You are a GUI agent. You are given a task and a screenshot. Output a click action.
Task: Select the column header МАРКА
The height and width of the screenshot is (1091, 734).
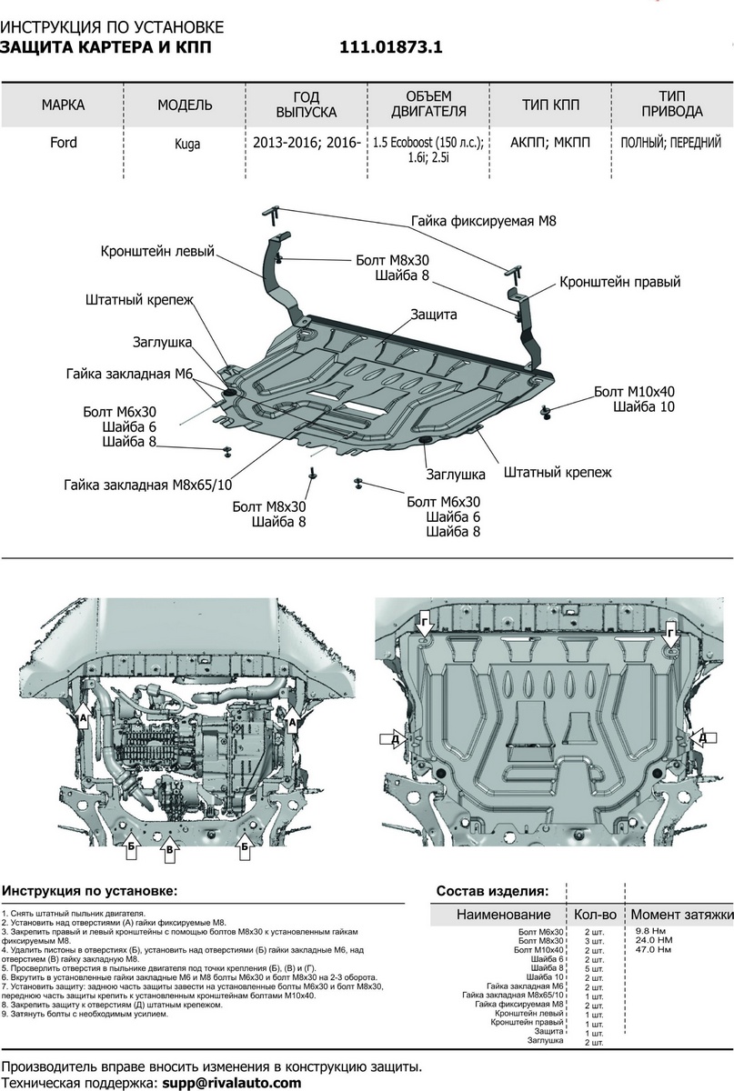[x=63, y=105]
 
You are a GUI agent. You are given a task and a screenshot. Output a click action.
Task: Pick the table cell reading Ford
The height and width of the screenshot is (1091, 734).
[x=63, y=143]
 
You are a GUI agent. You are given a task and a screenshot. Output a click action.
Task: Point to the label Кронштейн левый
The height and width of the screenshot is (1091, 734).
[x=157, y=252]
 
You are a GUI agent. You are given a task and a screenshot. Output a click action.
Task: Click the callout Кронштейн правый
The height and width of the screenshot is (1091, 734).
[x=619, y=282]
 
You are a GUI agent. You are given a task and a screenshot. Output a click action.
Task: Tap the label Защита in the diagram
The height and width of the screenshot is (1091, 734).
[x=433, y=314]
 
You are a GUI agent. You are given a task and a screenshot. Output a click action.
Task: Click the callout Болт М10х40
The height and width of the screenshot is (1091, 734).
[x=634, y=391]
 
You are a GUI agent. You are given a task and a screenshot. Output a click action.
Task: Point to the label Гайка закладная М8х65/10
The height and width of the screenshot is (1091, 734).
[x=148, y=485]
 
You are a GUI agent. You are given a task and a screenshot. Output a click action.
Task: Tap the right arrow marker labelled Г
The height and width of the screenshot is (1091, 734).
[x=670, y=632]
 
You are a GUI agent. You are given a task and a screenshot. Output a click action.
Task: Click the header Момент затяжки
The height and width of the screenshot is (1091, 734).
[x=681, y=914]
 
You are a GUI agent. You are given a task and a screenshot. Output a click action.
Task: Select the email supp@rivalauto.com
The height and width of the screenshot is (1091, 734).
[x=231, y=1083]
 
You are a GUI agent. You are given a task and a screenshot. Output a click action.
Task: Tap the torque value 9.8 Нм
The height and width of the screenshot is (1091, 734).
[x=646, y=932]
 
